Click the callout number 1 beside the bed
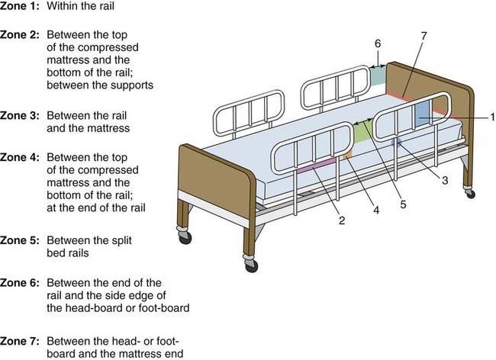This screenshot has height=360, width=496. tap(492, 116)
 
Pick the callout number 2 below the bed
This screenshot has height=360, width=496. tap(342, 220)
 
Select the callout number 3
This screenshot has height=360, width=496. tap(444, 180)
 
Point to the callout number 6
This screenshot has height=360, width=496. tap(376, 43)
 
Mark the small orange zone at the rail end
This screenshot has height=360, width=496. tap(348, 156)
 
